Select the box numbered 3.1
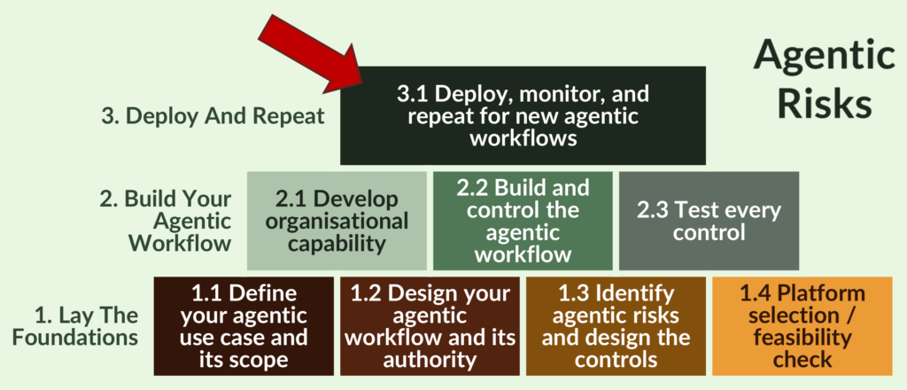(523, 116)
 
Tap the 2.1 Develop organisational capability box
(337, 220)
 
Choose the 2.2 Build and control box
(522, 220)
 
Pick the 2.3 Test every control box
(709, 220)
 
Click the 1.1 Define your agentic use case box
(244, 325)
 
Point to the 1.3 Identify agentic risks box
(616, 325)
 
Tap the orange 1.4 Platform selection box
(802, 325)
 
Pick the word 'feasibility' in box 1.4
(802, 337)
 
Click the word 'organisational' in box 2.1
(337, 221)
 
